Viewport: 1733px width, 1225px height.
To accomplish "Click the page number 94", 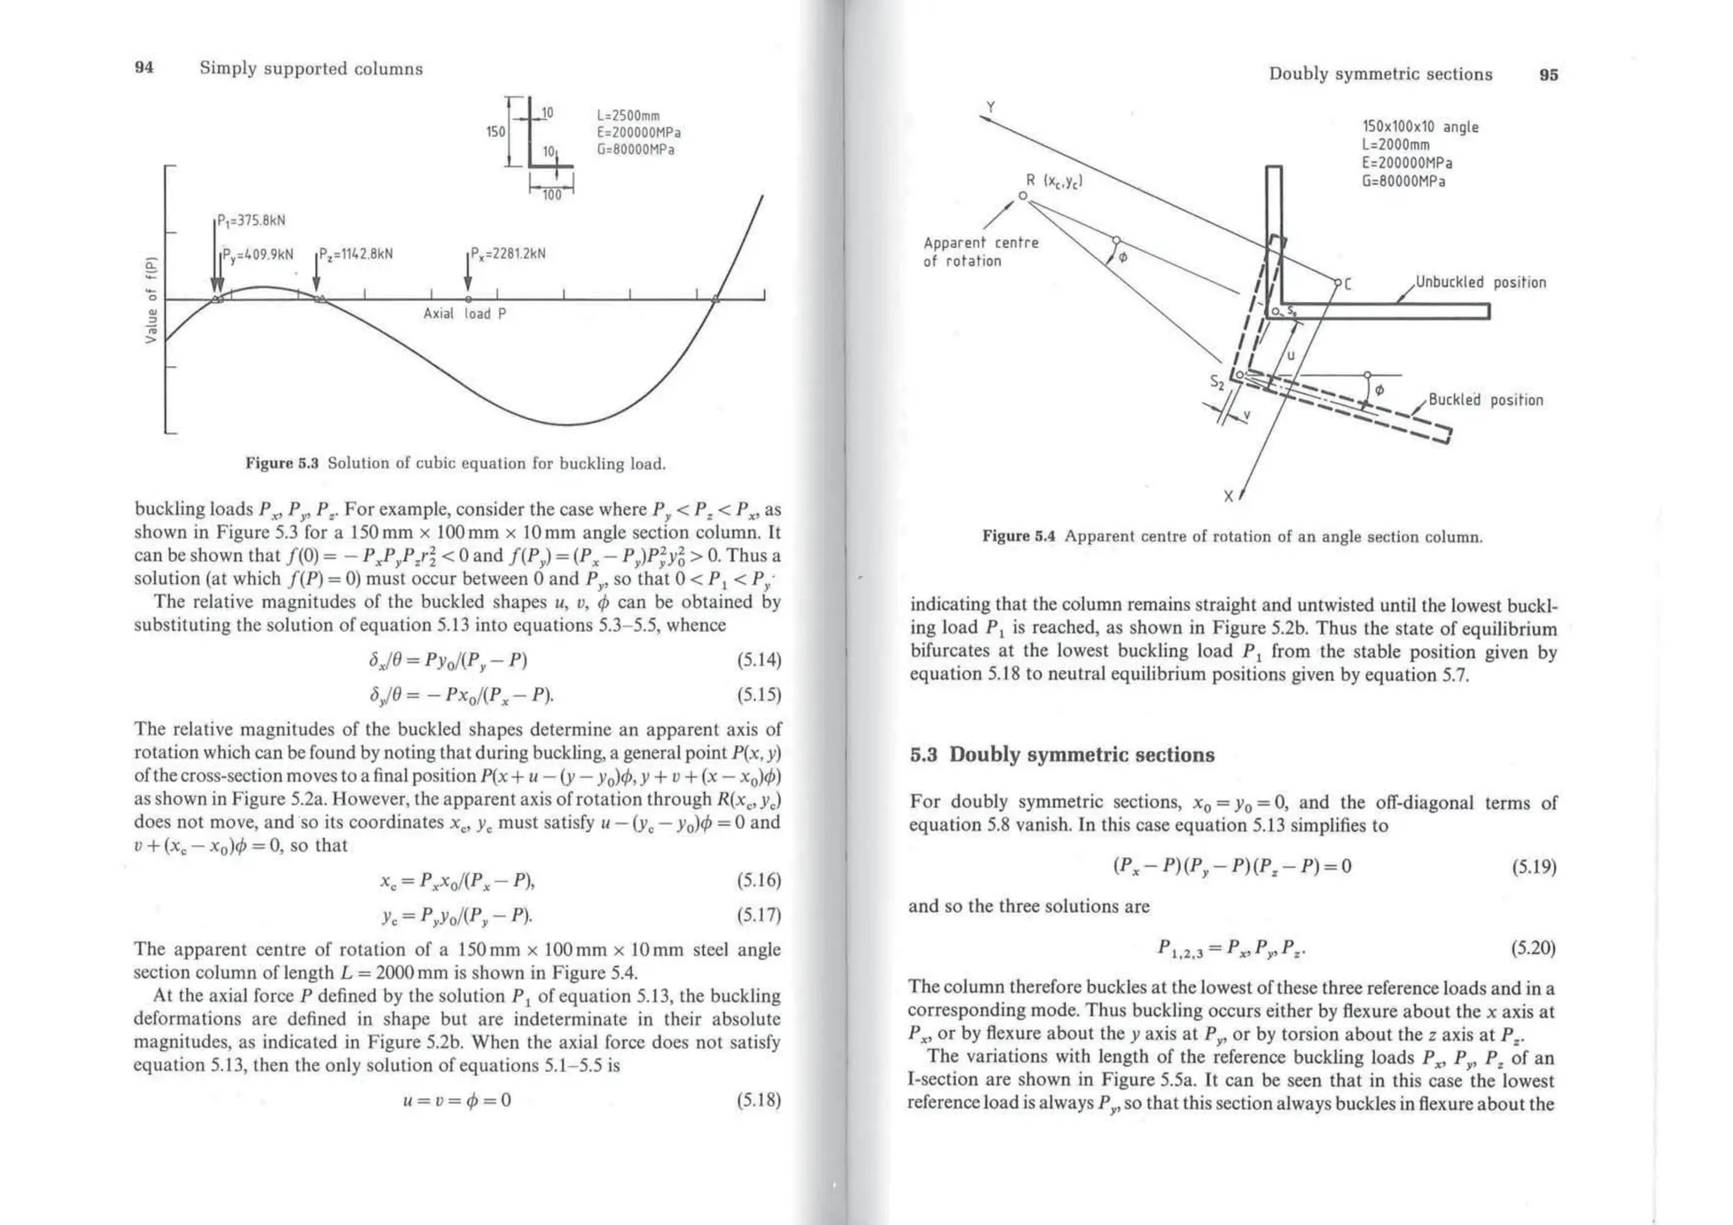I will pyautogui.click(x=145, y=69).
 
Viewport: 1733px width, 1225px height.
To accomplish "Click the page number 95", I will pyautogui.click(x=1549, y=74).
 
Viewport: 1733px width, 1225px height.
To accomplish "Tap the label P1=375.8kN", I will pyautogui.click(x=251, y=221).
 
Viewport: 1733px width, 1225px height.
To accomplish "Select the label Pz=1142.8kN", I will pyautogui.click(x=355, y=254).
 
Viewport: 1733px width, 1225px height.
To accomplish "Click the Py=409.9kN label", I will pyautogui.click(x=258, y=254).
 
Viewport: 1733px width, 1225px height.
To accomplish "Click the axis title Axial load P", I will pyautogui.click(x=465, y=314).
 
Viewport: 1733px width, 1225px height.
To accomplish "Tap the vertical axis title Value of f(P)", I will pyautogui.click(x=151, y=299).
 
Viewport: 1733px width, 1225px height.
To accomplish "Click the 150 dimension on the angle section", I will pyautogui.click(x=495, y=132).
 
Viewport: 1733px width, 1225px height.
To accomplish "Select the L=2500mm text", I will pyautogui.click(x=628, y=116).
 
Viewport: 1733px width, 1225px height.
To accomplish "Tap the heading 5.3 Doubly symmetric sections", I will pyautogui.click(x=1062, y=755).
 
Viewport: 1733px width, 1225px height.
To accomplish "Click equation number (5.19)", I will pyautogui.click(x=1533, y=867).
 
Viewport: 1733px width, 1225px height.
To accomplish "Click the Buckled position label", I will pyautogui.click(x=1486, y=400).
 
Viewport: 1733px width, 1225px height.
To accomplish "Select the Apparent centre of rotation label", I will pyautogui.click(x=981, y=252).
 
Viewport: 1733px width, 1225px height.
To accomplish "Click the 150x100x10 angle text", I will pyautogui.click(x=1420, y=127).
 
